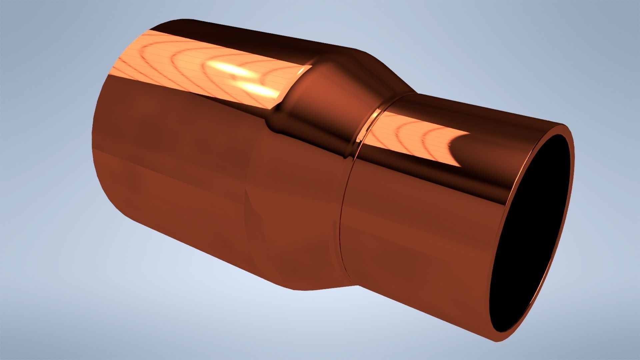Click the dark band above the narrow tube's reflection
467,107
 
